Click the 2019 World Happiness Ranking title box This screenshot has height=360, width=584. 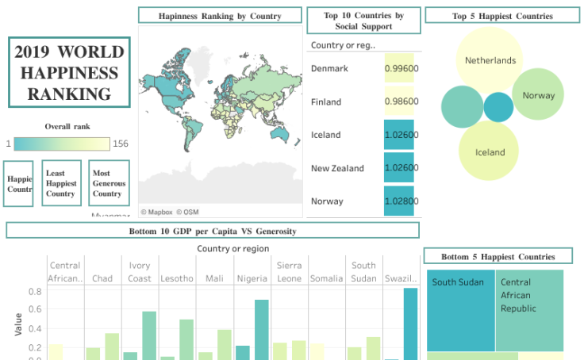coord(69,72)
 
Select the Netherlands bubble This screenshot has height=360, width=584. coord(490,60)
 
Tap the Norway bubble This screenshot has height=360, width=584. coord(538,95)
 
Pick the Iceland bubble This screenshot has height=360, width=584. coord(489,151)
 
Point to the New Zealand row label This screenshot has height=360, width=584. coord(337,168)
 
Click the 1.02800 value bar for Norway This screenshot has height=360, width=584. coord(402,201)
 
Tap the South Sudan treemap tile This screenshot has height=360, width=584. coord(460,310)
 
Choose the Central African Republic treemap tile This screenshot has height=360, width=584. coord(528,310)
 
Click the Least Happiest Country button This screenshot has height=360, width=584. coord(61,183)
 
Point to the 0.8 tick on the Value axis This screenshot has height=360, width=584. coord(35,292)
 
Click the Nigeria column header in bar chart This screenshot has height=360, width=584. coord(252,278)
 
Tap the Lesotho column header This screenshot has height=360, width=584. coord(176,278)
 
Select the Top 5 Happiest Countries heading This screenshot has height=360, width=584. coord(502,16)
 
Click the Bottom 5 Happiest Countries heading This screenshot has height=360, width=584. coord(498,257)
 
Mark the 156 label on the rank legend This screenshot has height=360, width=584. coord(121,144)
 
